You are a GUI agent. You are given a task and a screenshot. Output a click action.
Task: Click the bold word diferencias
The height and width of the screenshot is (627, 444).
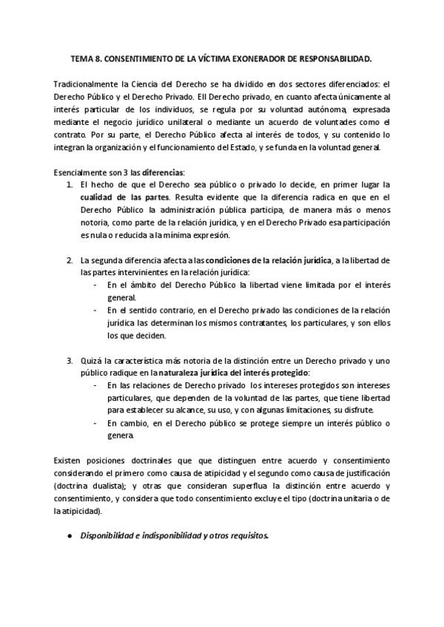point(163,171)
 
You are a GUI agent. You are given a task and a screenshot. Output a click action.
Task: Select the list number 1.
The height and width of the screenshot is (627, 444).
point(70,183)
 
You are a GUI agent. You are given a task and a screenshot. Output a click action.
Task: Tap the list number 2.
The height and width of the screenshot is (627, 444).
point(70,260)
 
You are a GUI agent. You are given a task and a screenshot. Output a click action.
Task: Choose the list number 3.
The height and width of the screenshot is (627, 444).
point(70,360)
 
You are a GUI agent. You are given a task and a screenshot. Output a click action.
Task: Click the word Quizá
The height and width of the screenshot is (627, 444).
point(91,360)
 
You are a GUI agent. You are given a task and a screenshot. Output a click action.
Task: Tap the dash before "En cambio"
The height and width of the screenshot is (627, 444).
point(95,423)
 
